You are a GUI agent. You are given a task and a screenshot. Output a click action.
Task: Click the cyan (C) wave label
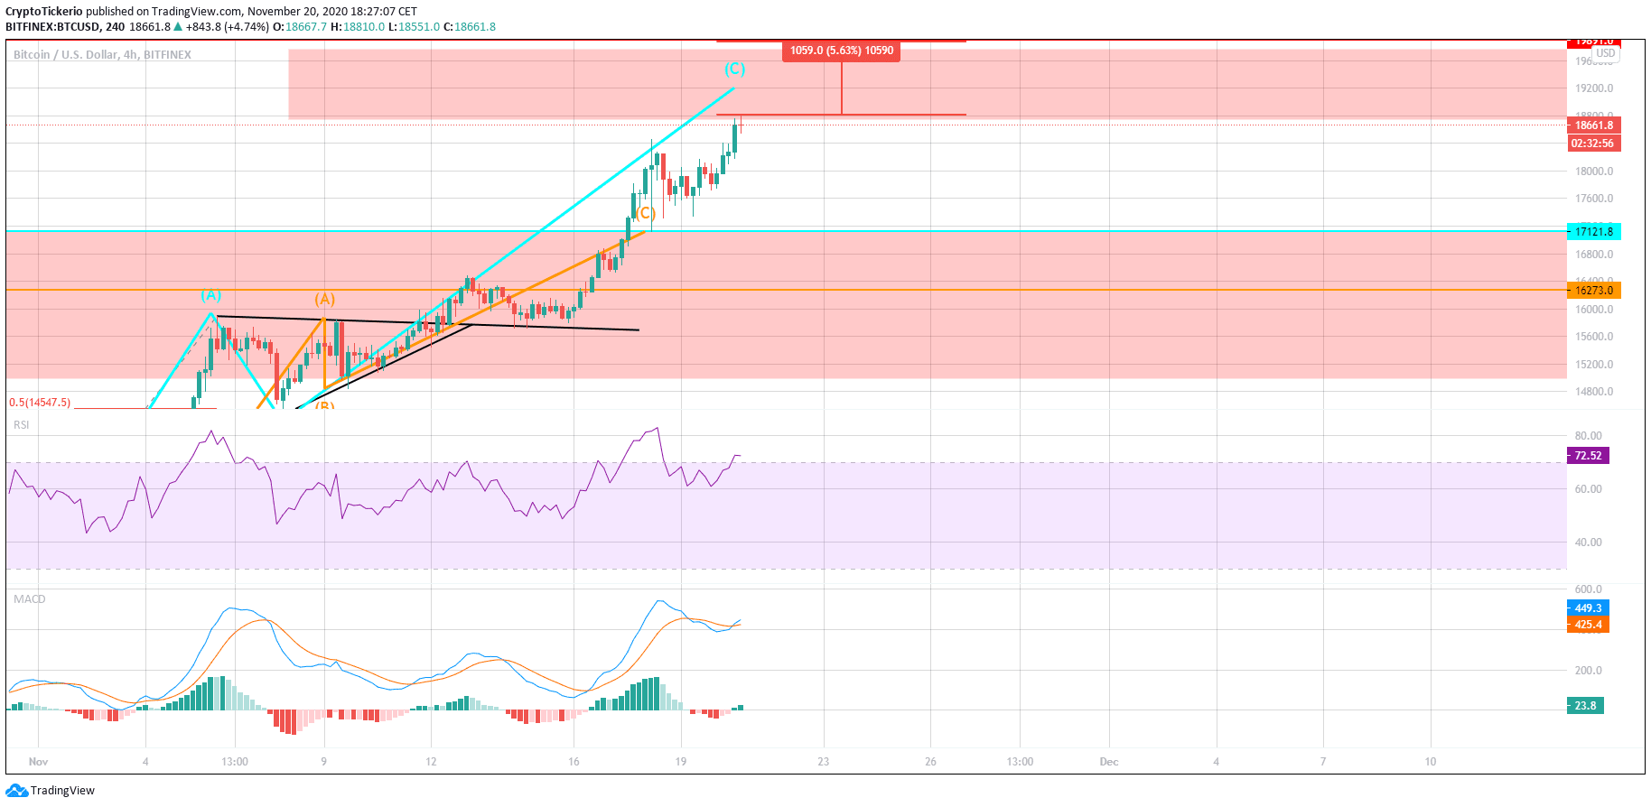[x=734, y=70]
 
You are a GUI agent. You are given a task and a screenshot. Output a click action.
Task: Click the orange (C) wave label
[x=645, y=214]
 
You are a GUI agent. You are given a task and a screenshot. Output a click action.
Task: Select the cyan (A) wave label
[x=210, y=295]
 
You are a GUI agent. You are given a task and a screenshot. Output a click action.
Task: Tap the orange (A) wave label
[x=324, y=300]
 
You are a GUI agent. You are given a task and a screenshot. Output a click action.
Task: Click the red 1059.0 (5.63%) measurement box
[x=841, y=51]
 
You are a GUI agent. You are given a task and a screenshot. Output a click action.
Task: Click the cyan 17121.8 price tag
[x=1594, y=232]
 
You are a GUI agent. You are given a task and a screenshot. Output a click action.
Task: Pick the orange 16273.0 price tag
[x=1594, y=291]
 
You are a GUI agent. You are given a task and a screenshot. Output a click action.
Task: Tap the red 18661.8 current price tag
[x=1594, y=125]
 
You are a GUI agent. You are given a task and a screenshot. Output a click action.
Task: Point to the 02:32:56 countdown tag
[x=1592, y=144]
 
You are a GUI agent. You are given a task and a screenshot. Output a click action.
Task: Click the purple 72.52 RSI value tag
[x=1588, y=456]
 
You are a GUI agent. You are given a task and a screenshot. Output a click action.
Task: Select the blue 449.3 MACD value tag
[x=1588, y=608]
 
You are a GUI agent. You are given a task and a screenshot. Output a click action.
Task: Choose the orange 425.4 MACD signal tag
[x=1588, y=625]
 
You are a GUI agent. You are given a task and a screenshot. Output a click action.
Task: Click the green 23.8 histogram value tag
[x=1585, y=706]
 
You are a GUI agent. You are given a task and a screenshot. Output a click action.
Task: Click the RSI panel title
[x=21, y=425]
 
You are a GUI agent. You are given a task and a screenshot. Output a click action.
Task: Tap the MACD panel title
[x=29, y=599]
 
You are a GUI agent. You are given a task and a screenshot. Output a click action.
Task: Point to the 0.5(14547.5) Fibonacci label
[x=40, y=403]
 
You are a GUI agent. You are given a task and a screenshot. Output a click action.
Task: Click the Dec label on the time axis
[x=1109, y=762]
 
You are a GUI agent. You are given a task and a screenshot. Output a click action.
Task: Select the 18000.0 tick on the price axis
[x=1594, y=172]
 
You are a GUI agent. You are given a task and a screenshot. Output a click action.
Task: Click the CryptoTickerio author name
[x=43, y=12]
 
